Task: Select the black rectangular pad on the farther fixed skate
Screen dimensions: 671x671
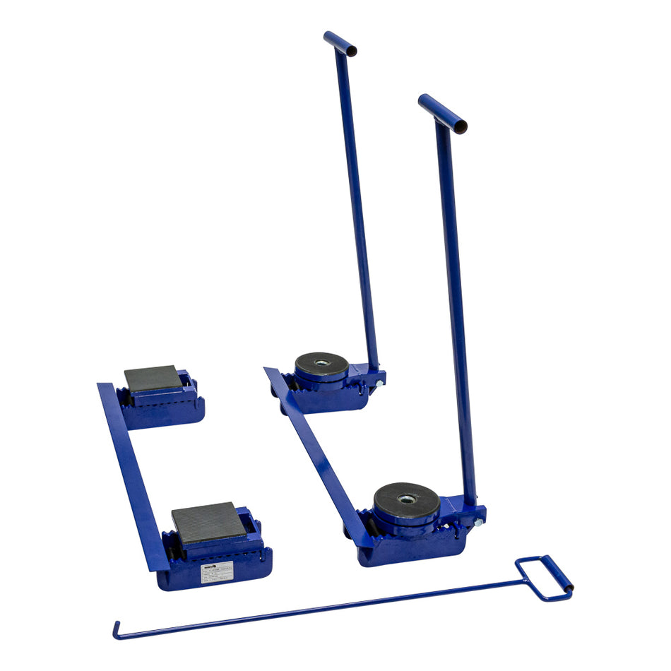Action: click(x=153, y=379)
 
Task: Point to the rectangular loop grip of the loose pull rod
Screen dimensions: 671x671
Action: click(x=544, y=578)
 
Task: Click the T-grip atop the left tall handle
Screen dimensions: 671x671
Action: click(x=340, y=43)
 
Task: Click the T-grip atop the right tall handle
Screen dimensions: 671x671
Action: click(x=442, y=114)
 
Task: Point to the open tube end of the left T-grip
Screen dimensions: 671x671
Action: click(x=351, y=51)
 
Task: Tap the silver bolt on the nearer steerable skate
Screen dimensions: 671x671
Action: click(x=478, y=522)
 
